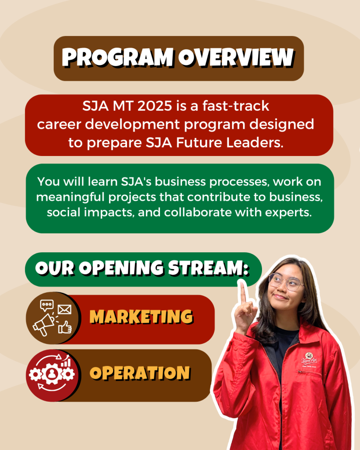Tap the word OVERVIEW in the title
[x=236, y=58]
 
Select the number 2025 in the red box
[x=155, y=106]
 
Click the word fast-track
[x=236, y=105]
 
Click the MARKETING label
[x=141, y=317]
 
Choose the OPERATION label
[x=140, y=373]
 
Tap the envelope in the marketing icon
[x=65, y=310]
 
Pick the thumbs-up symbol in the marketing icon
[x=65, y=327]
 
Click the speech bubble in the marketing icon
[x=47, y=305]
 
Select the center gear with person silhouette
[x=52, y=374]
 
